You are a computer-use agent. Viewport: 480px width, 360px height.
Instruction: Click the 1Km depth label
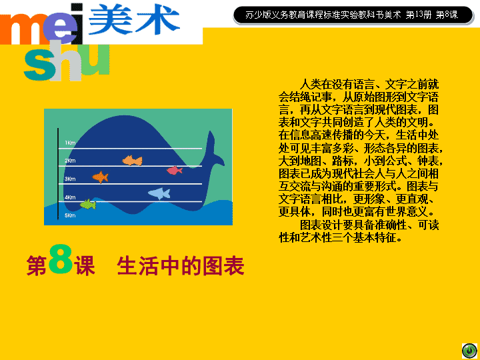(x=70, y=143)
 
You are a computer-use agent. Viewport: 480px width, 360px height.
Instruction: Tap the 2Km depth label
(x=70, y=161)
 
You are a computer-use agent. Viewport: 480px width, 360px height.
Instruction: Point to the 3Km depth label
(x=70, y=179)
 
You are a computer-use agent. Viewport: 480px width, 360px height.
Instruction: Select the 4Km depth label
(x=70, y=197)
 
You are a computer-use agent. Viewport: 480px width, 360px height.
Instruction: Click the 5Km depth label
(x=70, y=215)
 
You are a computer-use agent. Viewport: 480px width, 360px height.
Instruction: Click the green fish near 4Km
(x=88, y=204)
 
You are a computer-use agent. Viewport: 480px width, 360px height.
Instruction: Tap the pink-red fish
(x=175, y=170)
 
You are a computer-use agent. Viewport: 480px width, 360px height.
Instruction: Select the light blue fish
(x=159, y=193)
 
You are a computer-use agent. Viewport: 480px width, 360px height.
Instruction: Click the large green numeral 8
(x=61, y=259)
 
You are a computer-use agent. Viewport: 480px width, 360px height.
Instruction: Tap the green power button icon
(x=469, y=351)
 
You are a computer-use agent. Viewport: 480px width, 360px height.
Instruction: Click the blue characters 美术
(x=134, y=19)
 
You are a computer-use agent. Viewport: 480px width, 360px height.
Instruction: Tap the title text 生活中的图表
(x=181, y=266)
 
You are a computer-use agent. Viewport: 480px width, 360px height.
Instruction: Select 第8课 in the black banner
(x=447, y=15)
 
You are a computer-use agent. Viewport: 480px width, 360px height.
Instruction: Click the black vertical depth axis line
(x=58, y=174)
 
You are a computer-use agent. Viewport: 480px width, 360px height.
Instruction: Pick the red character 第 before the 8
(x=37, y=266)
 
